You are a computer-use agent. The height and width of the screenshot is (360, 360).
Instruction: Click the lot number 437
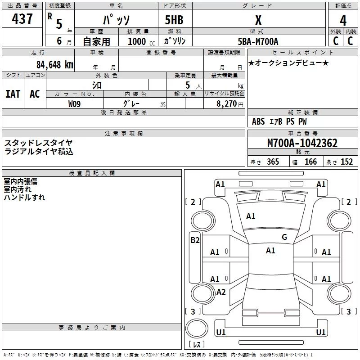pos(22,18)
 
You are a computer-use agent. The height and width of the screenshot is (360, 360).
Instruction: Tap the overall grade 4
pos(343,21)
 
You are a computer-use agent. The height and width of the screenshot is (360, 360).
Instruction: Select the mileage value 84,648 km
pos(55,65)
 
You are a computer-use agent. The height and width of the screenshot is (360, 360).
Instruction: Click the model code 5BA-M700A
pos(258,41)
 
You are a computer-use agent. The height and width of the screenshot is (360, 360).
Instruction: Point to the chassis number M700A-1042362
pos(302,143)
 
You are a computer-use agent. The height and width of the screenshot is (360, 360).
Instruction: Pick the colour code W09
pos(74,104)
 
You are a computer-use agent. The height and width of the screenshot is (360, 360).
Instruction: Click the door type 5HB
pos(174,20)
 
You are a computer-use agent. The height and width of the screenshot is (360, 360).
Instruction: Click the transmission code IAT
pos(13,94)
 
